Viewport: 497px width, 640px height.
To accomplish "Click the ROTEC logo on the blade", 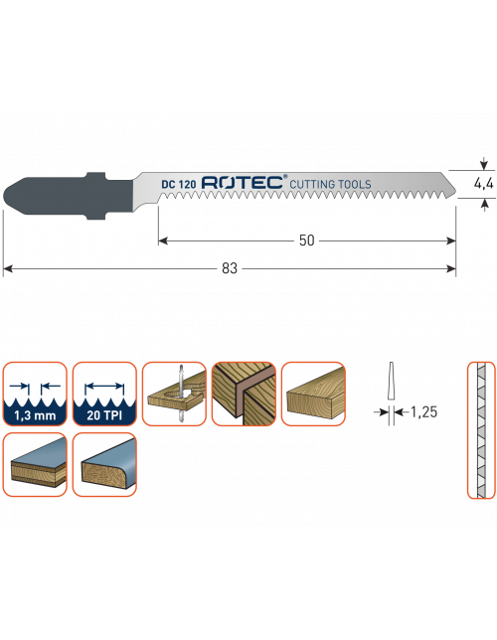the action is (x=243, y=182).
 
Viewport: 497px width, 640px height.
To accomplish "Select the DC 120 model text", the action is (x=179, y=184).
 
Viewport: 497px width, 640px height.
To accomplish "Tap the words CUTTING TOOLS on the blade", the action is (x=330, y=184).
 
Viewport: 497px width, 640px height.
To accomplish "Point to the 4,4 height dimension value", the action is (x=483, y=184).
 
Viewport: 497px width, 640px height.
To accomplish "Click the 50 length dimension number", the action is (x=307, y=240).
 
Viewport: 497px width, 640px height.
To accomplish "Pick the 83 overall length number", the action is (x=230, y=268).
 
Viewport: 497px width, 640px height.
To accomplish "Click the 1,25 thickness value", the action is (x=423, y=412).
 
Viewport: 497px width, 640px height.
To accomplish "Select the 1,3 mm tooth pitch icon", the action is (x=35, y=394).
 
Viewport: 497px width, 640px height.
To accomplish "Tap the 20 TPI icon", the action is (x=104, y=394).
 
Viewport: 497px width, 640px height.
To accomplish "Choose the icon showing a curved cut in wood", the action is (x=174, y=394).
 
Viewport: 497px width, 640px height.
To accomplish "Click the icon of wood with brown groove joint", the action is (x=244, y=394).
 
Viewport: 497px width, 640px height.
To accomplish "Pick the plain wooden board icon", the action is (x=313, y=394).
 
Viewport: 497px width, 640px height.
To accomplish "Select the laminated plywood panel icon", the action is (x=35, y=464).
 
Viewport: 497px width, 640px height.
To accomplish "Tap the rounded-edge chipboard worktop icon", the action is (x=104, y=464).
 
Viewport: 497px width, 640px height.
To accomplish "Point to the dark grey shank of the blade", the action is (x=69, y=196).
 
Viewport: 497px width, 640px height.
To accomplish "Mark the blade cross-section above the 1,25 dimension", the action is (x=391, y=381).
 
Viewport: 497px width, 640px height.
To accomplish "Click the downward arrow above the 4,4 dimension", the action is (x=484, y=164).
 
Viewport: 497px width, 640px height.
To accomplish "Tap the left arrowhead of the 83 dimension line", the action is (x=7, y=268).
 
